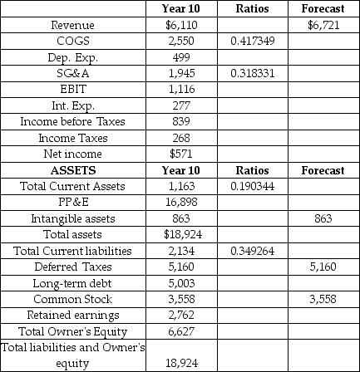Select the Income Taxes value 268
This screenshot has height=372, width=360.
180,138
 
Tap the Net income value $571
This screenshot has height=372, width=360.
180,154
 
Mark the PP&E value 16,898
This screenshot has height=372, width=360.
180,202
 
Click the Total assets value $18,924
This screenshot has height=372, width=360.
180,234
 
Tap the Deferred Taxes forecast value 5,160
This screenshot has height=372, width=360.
323,267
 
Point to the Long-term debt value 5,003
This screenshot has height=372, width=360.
180,283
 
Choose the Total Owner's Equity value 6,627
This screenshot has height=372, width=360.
180,331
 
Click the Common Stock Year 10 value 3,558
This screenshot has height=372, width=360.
180,299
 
